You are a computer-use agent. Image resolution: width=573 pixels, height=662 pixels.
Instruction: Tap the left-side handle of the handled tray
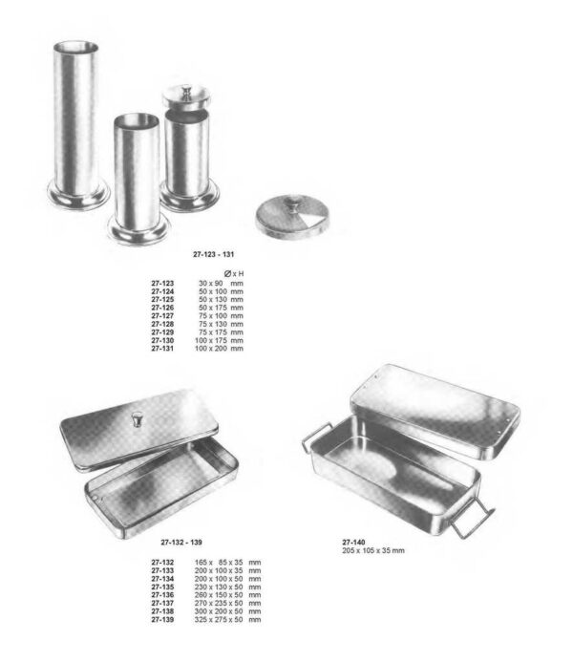click(x=313, y=439)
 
